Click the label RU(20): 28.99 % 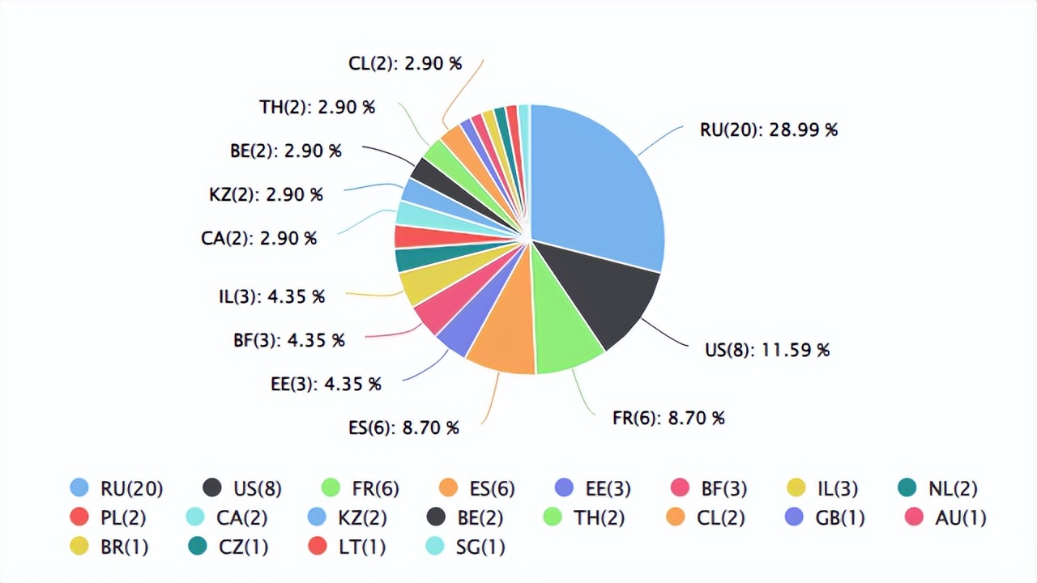pyautogui.click(x=768, y=130)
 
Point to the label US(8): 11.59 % pyautogui.click(x=767, y=350)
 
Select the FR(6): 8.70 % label pyautogui.click(x=668, y=418)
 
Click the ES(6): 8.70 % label pyautogui.click(x=403, y=428)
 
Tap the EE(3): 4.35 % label pyautogui.click(x=326, y=384)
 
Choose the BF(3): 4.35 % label pyautogui.click(x=288, y=340)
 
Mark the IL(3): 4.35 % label pyautogui.click(x=271, y=296)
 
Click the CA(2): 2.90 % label pyautogui.click(x=258, y=238)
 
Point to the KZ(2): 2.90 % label pyautogui.click(x=266, y=194)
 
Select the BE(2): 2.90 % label pyautogui.click(x=285, y=151)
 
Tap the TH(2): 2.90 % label pyautogui.click(x=317, y=107)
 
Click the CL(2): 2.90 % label pyautogui.click(x=405, y=63)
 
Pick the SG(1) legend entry pyautogui.click(x=466, y=547)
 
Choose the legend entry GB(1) pyautogui.click(x=825, y=517)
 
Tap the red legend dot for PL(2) pyautogui.click(x=79, y=517)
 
